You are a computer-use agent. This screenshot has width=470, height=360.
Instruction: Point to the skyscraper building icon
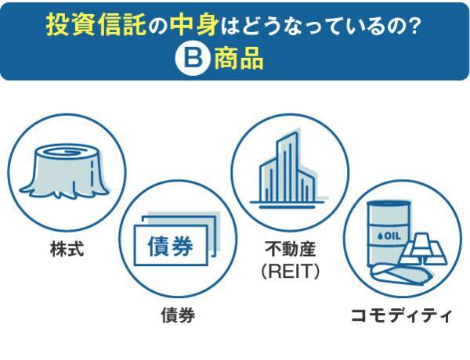pos(287,169)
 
